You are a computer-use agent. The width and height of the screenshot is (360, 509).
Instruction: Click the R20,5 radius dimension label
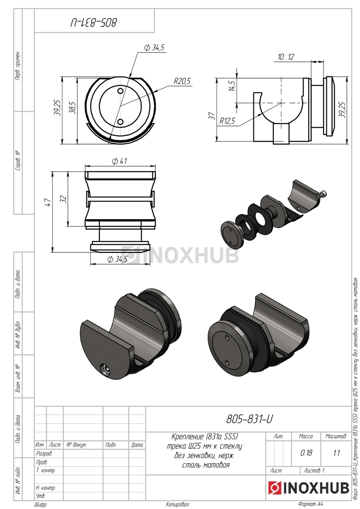[x=182, y=81]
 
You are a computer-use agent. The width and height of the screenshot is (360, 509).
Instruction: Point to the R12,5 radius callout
[x=227, y=121]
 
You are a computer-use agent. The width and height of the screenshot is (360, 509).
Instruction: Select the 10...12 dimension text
[x=285, y=57]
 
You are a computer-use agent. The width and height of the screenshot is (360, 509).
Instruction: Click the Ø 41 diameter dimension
[x=119, y=161]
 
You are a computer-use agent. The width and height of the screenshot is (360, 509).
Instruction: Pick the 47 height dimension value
[x=48, y=202]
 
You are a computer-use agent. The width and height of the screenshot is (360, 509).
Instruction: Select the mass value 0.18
[x=306, y=453]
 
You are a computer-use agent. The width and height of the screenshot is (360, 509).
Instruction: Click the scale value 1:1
[x=336, y=453]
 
